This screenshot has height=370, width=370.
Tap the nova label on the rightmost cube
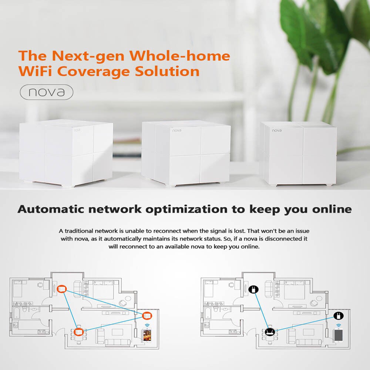[x=276, y=130]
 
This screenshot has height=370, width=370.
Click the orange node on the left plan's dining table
[x=78, y=332]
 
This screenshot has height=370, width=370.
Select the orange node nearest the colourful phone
[x=147, y=316]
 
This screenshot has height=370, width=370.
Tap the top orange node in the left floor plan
[x=62, y=288]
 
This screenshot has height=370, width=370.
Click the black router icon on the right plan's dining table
[x=269, y=332]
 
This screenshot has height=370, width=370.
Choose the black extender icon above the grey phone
[x=338, y=316]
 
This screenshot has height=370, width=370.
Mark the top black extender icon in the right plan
[x=254, y=288]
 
